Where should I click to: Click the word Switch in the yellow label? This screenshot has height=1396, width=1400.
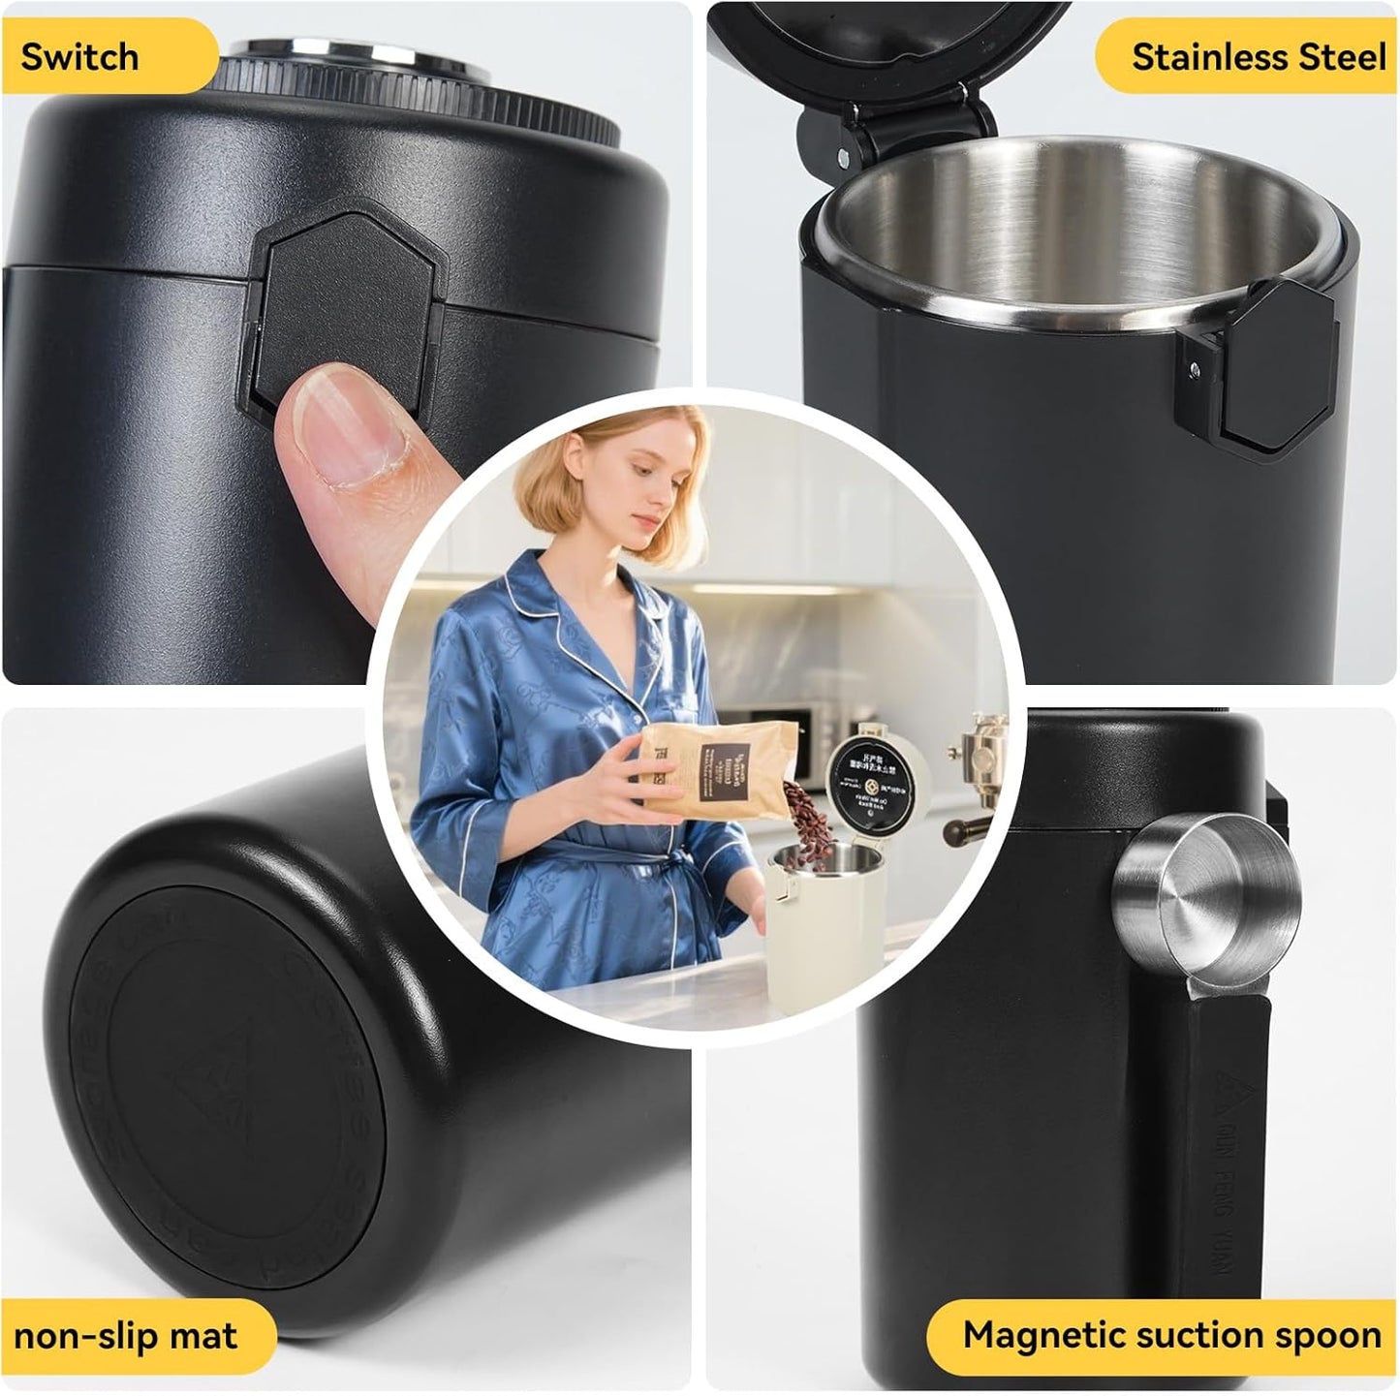(x=79, y=57)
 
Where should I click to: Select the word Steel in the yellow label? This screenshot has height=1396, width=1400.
(x=1343, y=57)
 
